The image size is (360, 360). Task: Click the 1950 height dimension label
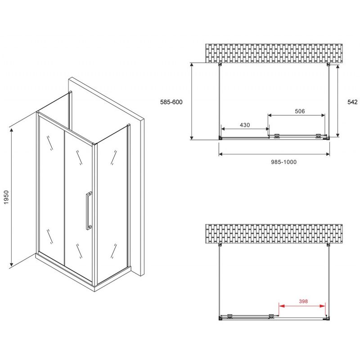pyautogui.click(x=6, y=197)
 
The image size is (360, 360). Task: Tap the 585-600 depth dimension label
pyautogui.click(x=171, y=102)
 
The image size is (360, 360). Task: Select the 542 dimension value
pyautogui.click(x=352, y=102)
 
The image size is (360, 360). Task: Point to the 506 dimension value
pyautogui.click(x=300, y=111)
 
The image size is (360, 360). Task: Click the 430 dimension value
pyautogui.click(x=244, y=125)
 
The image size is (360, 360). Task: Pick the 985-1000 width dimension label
pyautogui.click(x=283, y=162)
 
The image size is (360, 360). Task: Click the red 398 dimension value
pyautogui.click(x=303, y=301)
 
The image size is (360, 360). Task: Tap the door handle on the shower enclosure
pyautogui.click(x=89, y=211)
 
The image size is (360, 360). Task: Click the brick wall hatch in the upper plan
pyautogui.click(x=274, y=53)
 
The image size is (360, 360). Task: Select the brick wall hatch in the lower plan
pyautogui.click(x=274, y=234)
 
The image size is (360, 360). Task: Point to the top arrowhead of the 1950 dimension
pyautogui.click(x=11, y=131)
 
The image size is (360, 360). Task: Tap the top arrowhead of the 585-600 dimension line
pyautogui.click(x=192, y=66)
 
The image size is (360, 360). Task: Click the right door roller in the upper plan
pyautogui.click(x=318, y=136)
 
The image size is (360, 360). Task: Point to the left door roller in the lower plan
pyautogui.click(x=230, y=316)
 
